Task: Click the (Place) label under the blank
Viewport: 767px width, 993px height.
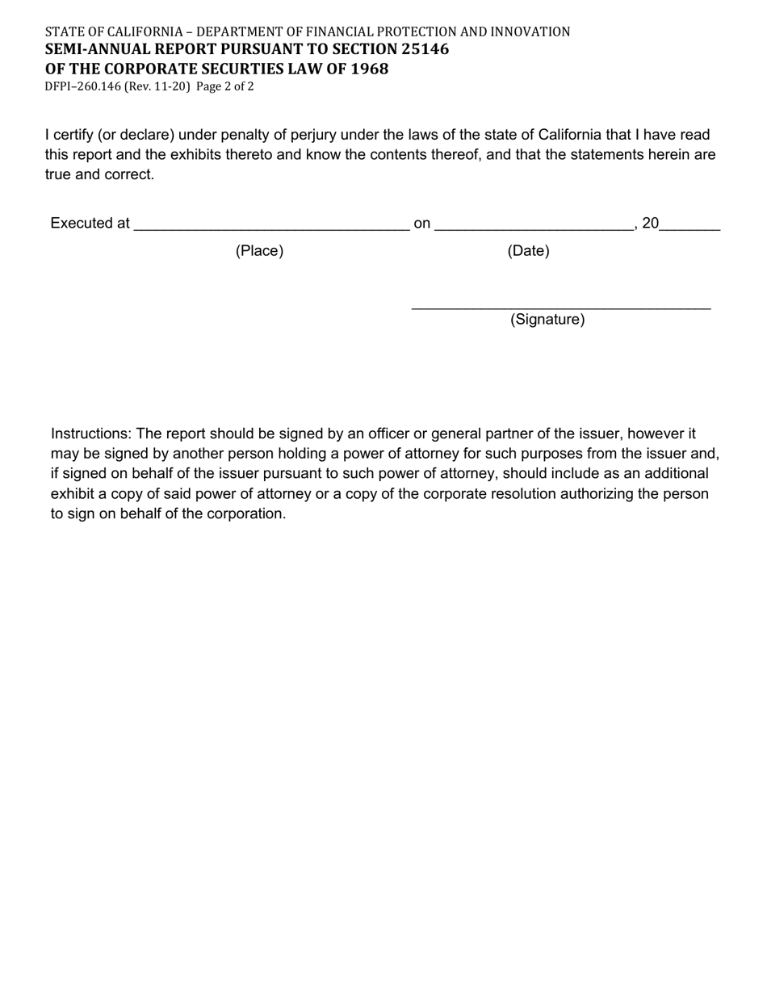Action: click(259, 251)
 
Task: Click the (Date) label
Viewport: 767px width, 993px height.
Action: click(528, 251)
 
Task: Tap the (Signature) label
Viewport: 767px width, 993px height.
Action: click(547, 320)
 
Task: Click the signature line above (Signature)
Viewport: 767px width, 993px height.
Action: click(560, 308)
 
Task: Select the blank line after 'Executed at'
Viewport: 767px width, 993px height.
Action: click(271, 226)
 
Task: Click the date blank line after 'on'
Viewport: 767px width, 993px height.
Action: click(534, 226)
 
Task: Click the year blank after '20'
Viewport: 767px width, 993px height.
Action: click(690, 226)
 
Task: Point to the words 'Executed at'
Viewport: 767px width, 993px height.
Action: click(90, 224)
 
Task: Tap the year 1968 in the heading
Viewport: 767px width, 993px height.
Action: click(369, 69)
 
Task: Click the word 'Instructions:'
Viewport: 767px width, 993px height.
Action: click(91, 434)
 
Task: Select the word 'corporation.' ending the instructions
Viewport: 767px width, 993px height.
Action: click(245, 514)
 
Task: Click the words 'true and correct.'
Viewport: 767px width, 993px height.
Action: click(99, 174)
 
